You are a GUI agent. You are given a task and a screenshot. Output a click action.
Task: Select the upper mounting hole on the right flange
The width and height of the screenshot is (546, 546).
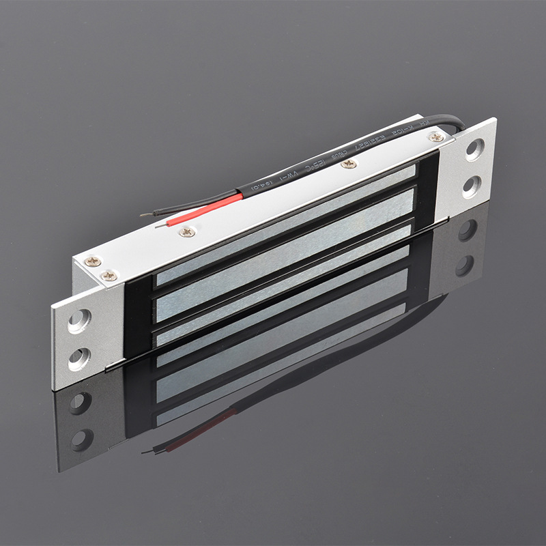474,149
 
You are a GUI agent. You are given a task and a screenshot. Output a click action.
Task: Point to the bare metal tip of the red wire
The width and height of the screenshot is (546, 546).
160,224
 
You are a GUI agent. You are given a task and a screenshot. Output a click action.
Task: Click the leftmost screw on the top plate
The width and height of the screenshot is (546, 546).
93,261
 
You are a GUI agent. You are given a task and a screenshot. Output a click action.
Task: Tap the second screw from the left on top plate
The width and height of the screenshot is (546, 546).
109,275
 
